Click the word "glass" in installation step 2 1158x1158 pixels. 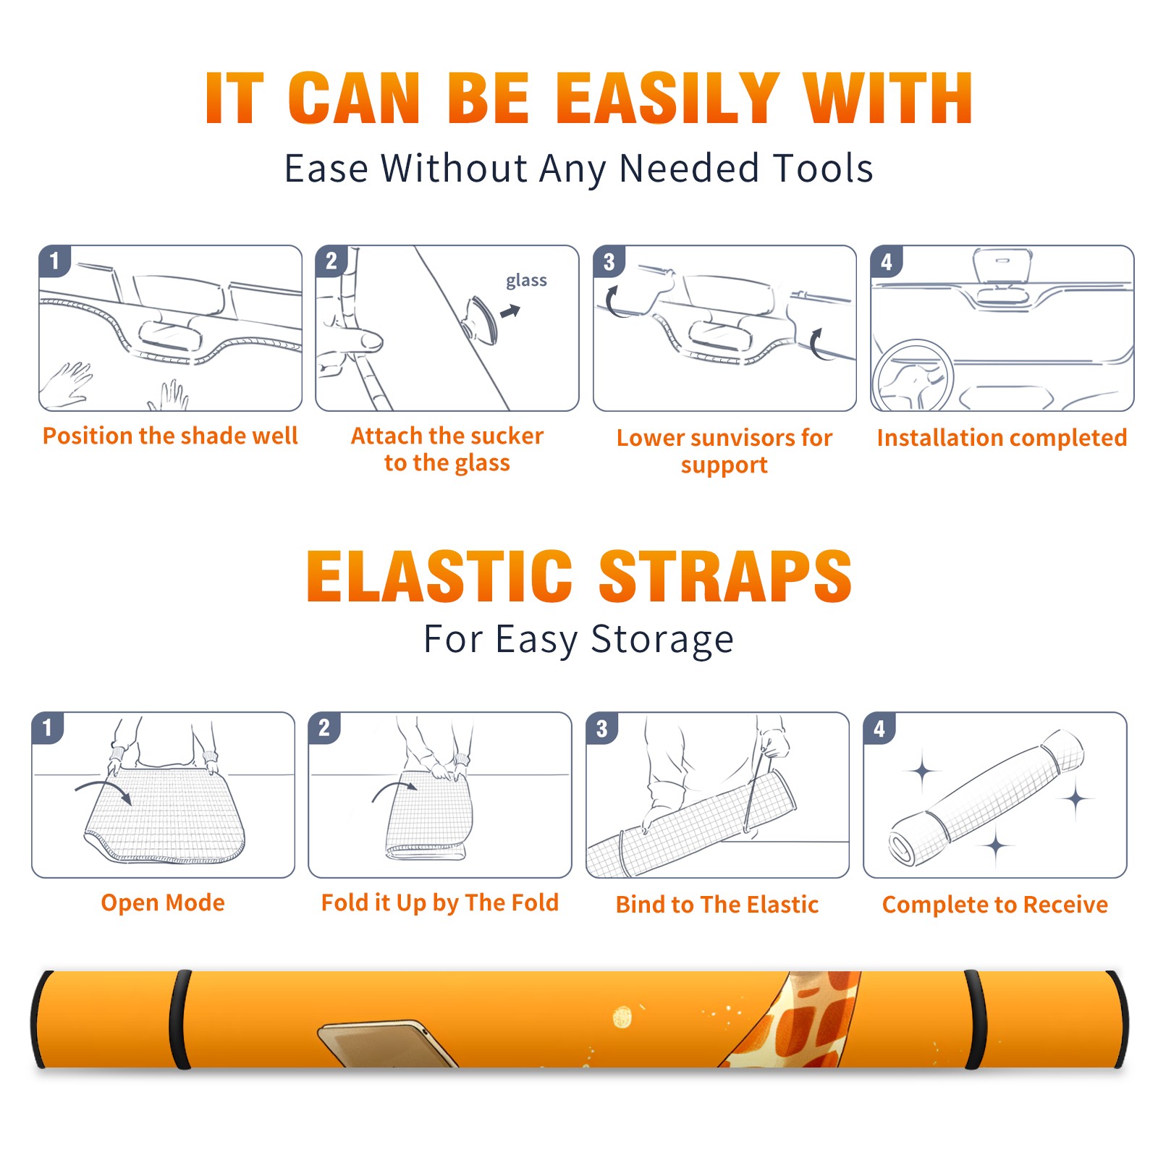coord(526,280)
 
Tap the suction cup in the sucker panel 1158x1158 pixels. coord(481,318)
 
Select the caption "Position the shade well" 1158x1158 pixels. coord(170,436)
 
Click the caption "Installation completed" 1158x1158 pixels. coord(1002,438)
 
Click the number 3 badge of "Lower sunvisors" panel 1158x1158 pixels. coord(609,262)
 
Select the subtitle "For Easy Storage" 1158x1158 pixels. coord(579,640)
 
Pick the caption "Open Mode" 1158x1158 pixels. coord(163,903)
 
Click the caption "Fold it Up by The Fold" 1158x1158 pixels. coord(440,903)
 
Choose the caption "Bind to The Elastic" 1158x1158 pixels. coord(717,905)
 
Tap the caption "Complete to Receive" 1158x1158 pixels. coord(995,905)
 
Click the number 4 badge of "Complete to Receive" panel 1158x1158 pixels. coord(879,728)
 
